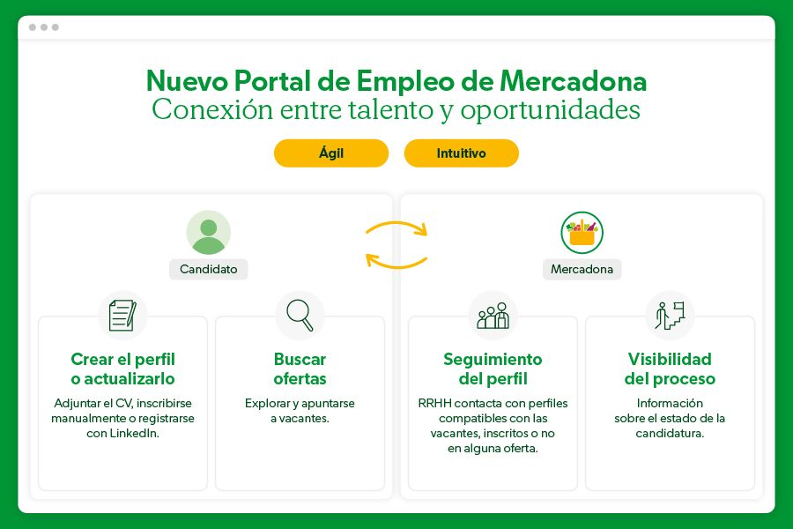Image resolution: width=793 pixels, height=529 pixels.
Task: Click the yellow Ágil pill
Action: coord(331,153)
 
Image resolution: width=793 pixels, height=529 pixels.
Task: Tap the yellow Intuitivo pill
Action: coord(461,153)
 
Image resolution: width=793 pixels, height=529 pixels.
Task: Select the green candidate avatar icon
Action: coord(209,233)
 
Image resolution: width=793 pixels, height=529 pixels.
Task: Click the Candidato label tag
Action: coord(209,269)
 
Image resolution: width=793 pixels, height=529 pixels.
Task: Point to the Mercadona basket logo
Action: coord(582,233)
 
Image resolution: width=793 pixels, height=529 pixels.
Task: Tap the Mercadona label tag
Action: coord(582,269)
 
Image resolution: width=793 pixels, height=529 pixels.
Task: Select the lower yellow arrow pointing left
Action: coord(396,260)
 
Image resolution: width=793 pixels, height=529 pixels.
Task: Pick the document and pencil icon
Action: coord(122,316)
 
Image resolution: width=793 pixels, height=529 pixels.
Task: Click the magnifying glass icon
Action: coord(300,316)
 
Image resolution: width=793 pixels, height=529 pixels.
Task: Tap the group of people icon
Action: coord(493,316)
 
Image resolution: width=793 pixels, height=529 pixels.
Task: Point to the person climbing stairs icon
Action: coord(670,316)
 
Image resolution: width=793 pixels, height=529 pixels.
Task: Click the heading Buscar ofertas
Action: coord(300,369)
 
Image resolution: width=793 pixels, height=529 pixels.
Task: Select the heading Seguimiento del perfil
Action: coord(493,369)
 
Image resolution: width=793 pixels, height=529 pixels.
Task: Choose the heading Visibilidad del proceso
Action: coord(670,369)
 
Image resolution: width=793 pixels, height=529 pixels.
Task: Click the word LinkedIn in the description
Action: coord(134,434)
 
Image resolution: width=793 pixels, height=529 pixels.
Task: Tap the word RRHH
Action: coord(434,404)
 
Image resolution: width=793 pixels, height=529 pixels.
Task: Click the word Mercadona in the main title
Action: coord(574,81)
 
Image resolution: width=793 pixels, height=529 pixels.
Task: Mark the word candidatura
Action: coord(670,434)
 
